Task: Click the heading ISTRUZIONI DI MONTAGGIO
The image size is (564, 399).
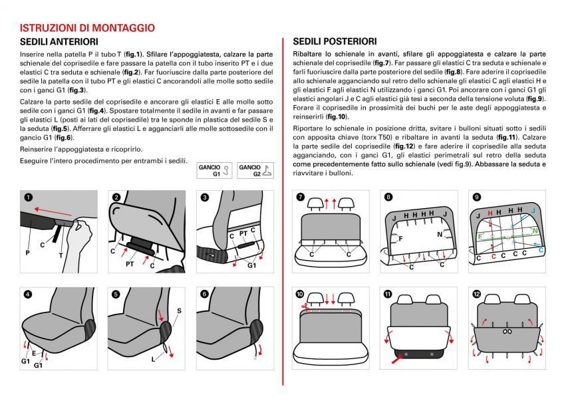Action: [x=87, y=28]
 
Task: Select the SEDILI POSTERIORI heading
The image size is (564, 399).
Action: [x=335, y=41]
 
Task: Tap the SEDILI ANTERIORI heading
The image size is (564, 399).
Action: [x=60, y=41]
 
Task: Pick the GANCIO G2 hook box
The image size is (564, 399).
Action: [x=256, y=171]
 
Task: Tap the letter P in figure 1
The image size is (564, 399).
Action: [x=28, y=253]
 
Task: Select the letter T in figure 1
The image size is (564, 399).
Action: [x=62, y=254]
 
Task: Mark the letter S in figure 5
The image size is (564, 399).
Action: [x=178, y=311]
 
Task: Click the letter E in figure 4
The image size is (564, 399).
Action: [x=34, y=353]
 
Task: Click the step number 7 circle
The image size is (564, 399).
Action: [x=300, y=198]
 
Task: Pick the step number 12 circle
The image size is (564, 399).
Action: [x=477, y=293]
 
